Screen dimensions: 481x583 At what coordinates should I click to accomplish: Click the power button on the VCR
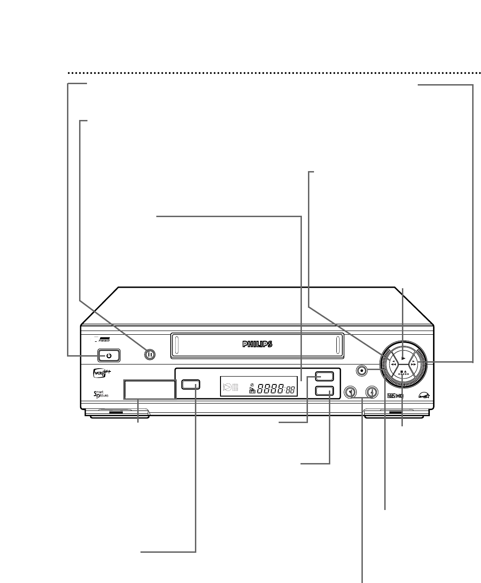click(x=109, y=356)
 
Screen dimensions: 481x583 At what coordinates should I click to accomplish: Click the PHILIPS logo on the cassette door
click(x=257, y=344)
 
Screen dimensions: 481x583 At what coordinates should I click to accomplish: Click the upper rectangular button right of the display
click(x=324, y=377)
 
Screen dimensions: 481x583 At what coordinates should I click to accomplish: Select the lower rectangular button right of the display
click(x=324, y=391)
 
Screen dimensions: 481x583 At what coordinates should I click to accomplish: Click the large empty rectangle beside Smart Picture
click(x=149, y=389)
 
